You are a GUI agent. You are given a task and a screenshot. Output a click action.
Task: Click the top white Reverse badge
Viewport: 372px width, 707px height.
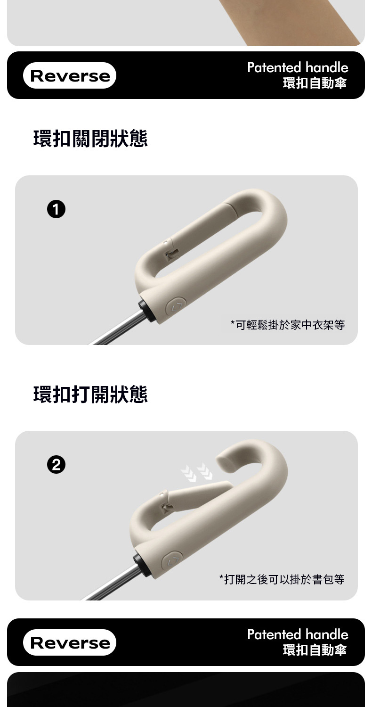point(69,75)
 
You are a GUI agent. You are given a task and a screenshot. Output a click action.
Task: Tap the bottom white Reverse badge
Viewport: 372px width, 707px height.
point(69,642)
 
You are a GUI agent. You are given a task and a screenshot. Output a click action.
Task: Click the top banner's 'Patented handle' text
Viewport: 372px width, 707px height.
point(298,67)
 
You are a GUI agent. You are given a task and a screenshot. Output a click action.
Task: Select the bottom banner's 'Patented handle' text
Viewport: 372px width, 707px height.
point(298,634)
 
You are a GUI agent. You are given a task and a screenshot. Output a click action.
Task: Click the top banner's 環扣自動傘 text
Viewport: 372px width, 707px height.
point(315,83)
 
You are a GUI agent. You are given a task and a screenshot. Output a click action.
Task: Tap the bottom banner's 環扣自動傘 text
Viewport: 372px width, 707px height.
point(315,650)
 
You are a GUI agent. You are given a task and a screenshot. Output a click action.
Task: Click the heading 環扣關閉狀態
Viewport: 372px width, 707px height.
point(90,139)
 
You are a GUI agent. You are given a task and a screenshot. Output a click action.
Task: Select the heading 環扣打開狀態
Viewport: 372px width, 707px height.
point(90,394)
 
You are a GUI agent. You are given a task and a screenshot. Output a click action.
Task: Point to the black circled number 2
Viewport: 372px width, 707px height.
point(56,465)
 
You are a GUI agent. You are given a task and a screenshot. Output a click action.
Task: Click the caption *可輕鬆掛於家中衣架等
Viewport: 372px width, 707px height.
point(288,325)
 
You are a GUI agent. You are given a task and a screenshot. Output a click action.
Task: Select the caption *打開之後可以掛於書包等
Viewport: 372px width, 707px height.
point(282,579)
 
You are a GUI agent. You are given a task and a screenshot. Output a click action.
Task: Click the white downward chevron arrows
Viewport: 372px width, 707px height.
point(196,472)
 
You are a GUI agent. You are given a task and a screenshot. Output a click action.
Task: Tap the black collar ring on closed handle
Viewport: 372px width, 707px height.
point(144,310)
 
